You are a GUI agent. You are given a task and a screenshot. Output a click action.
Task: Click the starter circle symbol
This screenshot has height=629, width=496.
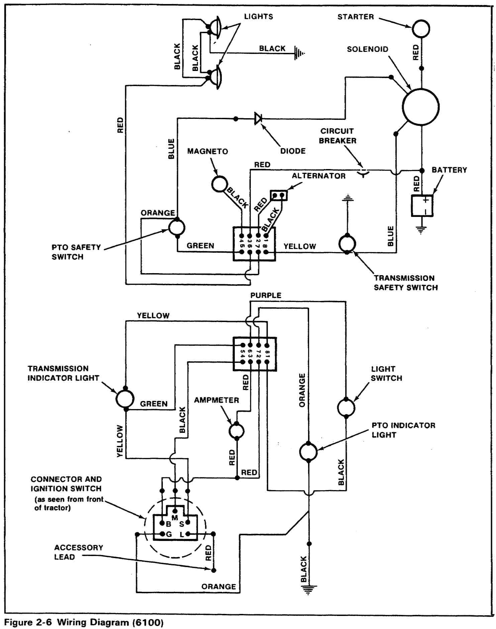pyautogui.click(x=421, y=28)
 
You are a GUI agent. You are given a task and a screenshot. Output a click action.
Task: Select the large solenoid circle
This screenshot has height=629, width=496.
pyautogui.click(x=420, y=107)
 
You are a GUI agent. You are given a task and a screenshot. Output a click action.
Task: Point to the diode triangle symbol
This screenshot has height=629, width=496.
pyautogui.click(x=258, y=119)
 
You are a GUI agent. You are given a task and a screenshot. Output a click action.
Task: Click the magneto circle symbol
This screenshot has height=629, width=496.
pyautogui.click(x=219, y=184)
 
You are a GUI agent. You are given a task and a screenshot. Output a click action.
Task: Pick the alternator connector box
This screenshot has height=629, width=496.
pyautogui.click(x=279, y=195)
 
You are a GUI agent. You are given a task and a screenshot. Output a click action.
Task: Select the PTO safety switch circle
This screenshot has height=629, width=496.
pyautogui.click(x=176, y=228)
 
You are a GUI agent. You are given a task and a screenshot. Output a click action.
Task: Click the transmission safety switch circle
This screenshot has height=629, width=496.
pyautogui.click(x=347, y=244)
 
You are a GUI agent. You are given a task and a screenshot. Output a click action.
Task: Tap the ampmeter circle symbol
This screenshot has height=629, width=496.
pyautogui.click(x=236, y=431)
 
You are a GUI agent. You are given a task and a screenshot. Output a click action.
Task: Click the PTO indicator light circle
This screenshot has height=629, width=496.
pyautogui.click(x=308, y=452)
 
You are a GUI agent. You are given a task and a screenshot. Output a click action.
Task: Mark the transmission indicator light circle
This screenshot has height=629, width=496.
pyautogui.click(x=125, y=399)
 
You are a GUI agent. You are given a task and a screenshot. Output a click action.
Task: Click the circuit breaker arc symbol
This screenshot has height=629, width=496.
pyautogui.click(x=363, y=173)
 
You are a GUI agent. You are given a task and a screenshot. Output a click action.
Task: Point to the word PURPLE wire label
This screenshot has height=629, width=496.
pyautogui.click(x=266, y=295)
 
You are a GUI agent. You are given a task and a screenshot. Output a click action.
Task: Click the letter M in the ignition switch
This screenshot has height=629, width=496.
pyautogui.click(x=175, y=518)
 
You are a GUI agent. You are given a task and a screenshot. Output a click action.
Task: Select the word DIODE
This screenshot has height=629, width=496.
pyautogui.click(x=293, y=151)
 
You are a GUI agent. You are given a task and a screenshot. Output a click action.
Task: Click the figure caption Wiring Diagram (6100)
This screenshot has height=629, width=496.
pyautogui.click(x=84, y=622)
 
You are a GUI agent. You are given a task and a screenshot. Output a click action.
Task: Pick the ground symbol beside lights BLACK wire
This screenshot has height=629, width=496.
pyautogui.click(x=299, y=53)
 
